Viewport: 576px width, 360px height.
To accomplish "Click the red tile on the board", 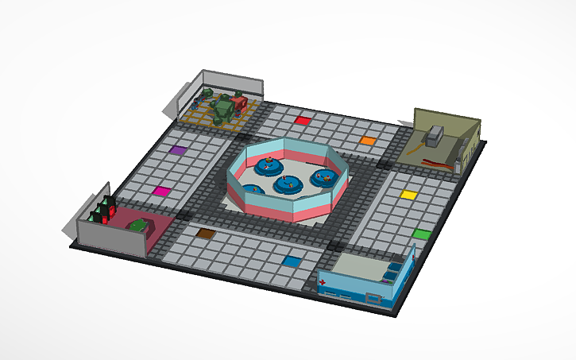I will click(x=303, y=121).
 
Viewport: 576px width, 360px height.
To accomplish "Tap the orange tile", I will click(x=367, y=141).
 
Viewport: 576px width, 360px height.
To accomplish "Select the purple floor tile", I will click(x=177, y=149).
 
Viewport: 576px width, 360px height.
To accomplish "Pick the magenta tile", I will click(x=161, y=191).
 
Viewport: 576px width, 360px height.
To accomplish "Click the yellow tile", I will click(x=408, y=194).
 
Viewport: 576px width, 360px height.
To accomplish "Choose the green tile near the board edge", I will click(x=421, y=234).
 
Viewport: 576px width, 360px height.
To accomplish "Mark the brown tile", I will click(x=205, y=234).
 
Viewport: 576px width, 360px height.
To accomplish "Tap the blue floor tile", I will click(x=292, y=261).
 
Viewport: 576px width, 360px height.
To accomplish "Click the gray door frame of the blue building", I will click(x=374, y=298).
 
